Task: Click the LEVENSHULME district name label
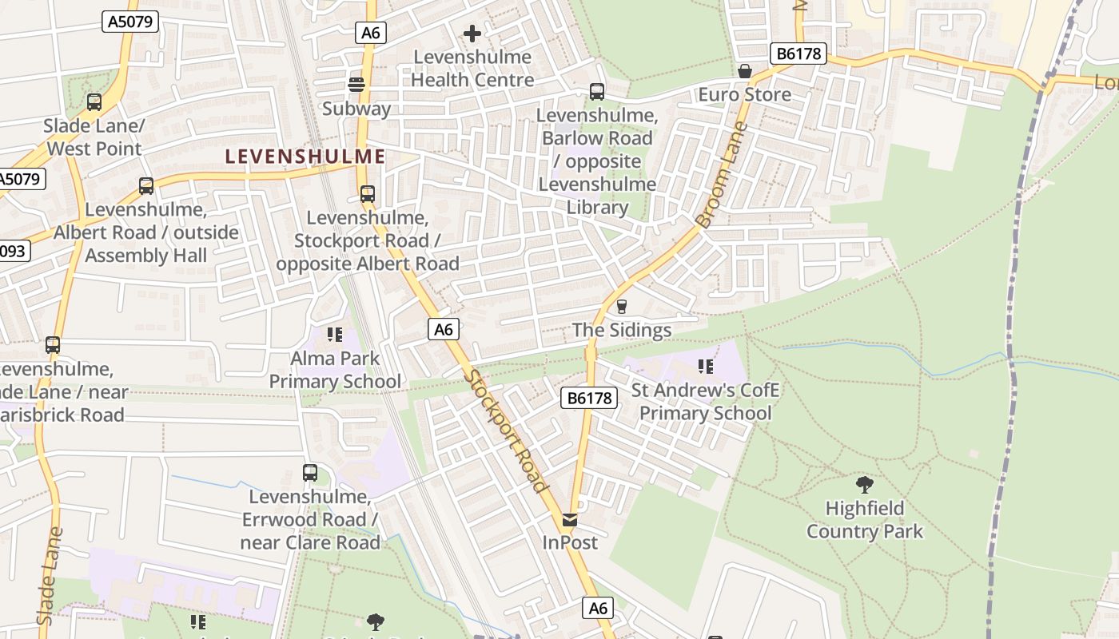pyautogui.click(x=305, y=157)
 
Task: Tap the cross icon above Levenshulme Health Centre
pyautogui.click(x=472, y=34)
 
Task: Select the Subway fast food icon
pyautogui.click(x=356, y=85)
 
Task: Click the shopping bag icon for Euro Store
pyautogui.click(x=745, y=72)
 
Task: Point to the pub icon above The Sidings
pyautogui.click(x=622, y=307)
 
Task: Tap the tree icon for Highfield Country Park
pyautogui.click(x=864, y=485)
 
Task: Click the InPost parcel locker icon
pyautogui.click(x=570, y=520)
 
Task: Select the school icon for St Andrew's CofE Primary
pyautogui.click(x=705, y=367)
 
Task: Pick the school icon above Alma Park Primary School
pyautogui.click(x=335, y=335)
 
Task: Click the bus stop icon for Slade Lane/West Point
pyautogui.click(x=94, y=102)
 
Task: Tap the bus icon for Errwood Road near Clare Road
pyautogui.click(x=310, y=473)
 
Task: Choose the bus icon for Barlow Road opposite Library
pyautogui.click(x=597, y=92)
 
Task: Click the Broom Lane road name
pyautogui.click(x=722, y=174)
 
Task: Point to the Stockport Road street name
pyautogui.click(x=508, y=431)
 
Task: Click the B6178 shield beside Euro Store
pyautogui.click(x=797, y=54)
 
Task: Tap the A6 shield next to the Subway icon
pyautogui.click(x=371, y=33)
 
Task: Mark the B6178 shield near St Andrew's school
pyautogui.click(x=589, y=398)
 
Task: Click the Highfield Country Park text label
pyautogui.click(x=865, y=520)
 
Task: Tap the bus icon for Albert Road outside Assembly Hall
pyautogui.click(x=146, y=186)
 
